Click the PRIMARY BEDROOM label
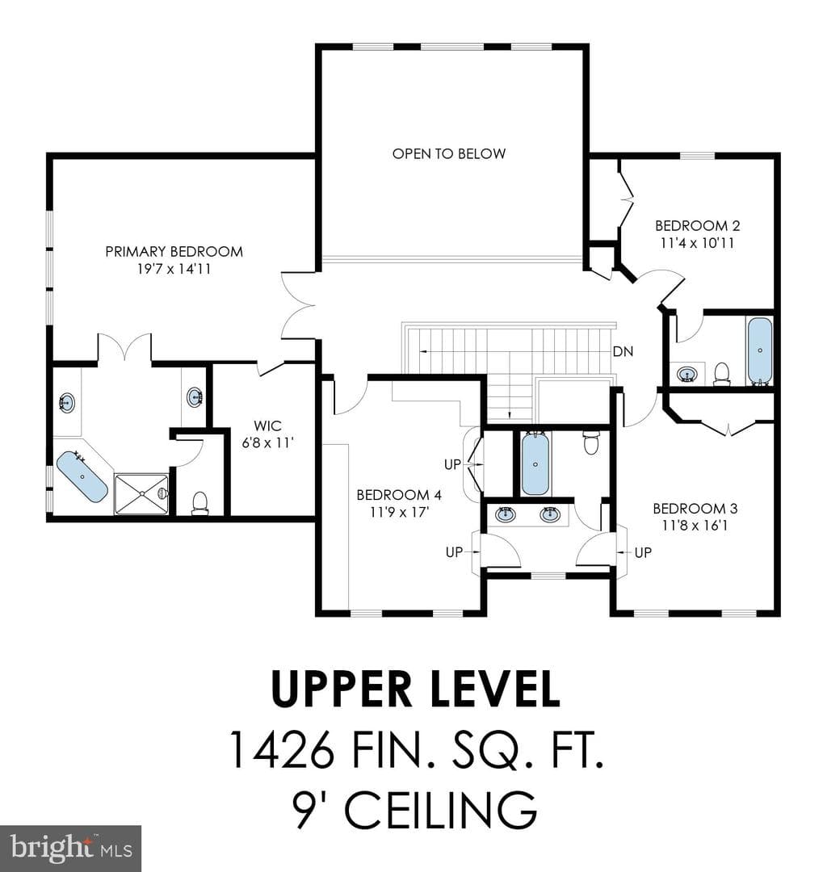pyautogui.click(x=174, y=251)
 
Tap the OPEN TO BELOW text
pyautogui.click(x=449, y=153)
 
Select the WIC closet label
pyautogui.click(x=267, y=426)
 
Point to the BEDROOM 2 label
pyautogui.click(x=697, y=226)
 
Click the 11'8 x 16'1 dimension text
pyautogui.click(x=695, y=525)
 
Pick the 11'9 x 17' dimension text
pyautogui.click(x=399, y=512)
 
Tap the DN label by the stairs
pyautogui.click(x=623, y=351)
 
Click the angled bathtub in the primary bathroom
pyautogui.click(x=82, y=476)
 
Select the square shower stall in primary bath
pyautogui.click(x=141, y=494)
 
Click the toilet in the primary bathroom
pyautogui.click(x=199, y=503)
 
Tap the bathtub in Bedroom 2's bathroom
pyautogui.click(x=759, y=351)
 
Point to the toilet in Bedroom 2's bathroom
pyautogui.click(x=722, y=374)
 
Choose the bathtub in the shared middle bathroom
pyautogui.click(x=535, y=463)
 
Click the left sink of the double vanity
pyautogui.click(x=506, y=514)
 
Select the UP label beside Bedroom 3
pyautogui.click(x=643, y=552)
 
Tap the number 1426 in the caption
pyautogui.click(x=282, y=749)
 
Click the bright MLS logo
pyautogui.click(x=71, y=848)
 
